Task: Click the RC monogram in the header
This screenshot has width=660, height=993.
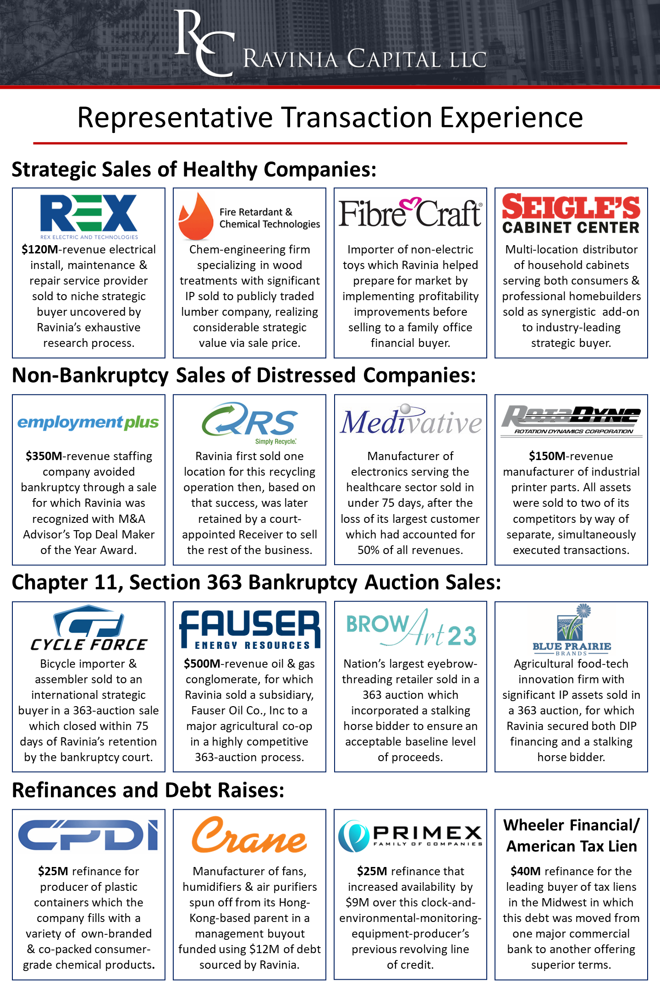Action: point(204,44)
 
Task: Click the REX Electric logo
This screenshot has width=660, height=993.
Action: point(88,214)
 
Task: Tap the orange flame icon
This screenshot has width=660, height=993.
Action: point(196,217)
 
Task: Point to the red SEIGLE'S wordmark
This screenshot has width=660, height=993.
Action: point(571,207)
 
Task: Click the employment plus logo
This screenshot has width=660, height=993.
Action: point(88,422)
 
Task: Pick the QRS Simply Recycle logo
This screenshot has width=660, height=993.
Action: point(249,422)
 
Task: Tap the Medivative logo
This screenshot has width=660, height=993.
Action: point(411,420)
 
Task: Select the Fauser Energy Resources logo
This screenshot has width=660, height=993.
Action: point(249,630)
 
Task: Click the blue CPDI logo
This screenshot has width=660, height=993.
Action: point(88,835)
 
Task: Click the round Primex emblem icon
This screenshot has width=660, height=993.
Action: point(353,835)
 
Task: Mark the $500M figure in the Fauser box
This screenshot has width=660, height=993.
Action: point(202,664)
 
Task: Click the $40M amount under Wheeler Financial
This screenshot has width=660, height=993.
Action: point(526,871)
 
